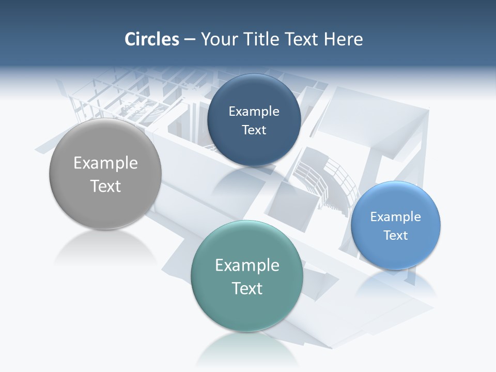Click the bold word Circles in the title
tap(151, 39)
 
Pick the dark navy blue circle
tap(254, 150)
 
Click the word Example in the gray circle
tap(105, 163)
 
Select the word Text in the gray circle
tap(105, 186)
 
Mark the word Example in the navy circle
tap(254, 112)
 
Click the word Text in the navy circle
tap(254, 130)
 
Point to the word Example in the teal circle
tap(247, 266)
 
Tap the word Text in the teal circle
tap(247, 288)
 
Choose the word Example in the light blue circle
tap(396, 217)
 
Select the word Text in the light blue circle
tap(396, 236)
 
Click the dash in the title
tap(189, 39)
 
